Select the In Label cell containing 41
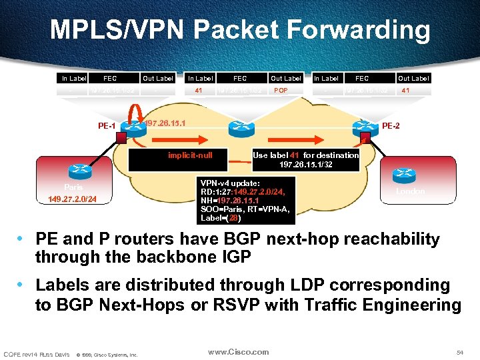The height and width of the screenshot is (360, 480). pyautogui.click(x=199, y=90)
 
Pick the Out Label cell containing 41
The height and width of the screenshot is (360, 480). pyautogui.click(x=405, y=90)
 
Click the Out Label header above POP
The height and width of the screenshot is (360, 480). pyautogui.click(x=286, y=78)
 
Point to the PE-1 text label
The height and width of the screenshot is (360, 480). pyautogui.click(x=107, y=126)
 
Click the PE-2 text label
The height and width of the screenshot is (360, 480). pyautogui.click(x=391, y=126)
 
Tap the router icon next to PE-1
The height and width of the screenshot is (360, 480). pyautogui.click(x=133, y=128)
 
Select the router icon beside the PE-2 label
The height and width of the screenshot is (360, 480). pyautogui.click(x=366, y=127)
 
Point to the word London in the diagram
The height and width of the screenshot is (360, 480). pyautogui.click(x=410, y=191)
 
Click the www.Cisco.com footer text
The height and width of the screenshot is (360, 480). pyautogui.click(x=238, y=351)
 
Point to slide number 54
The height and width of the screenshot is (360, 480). pyautogui.click(x=458, y=351)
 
